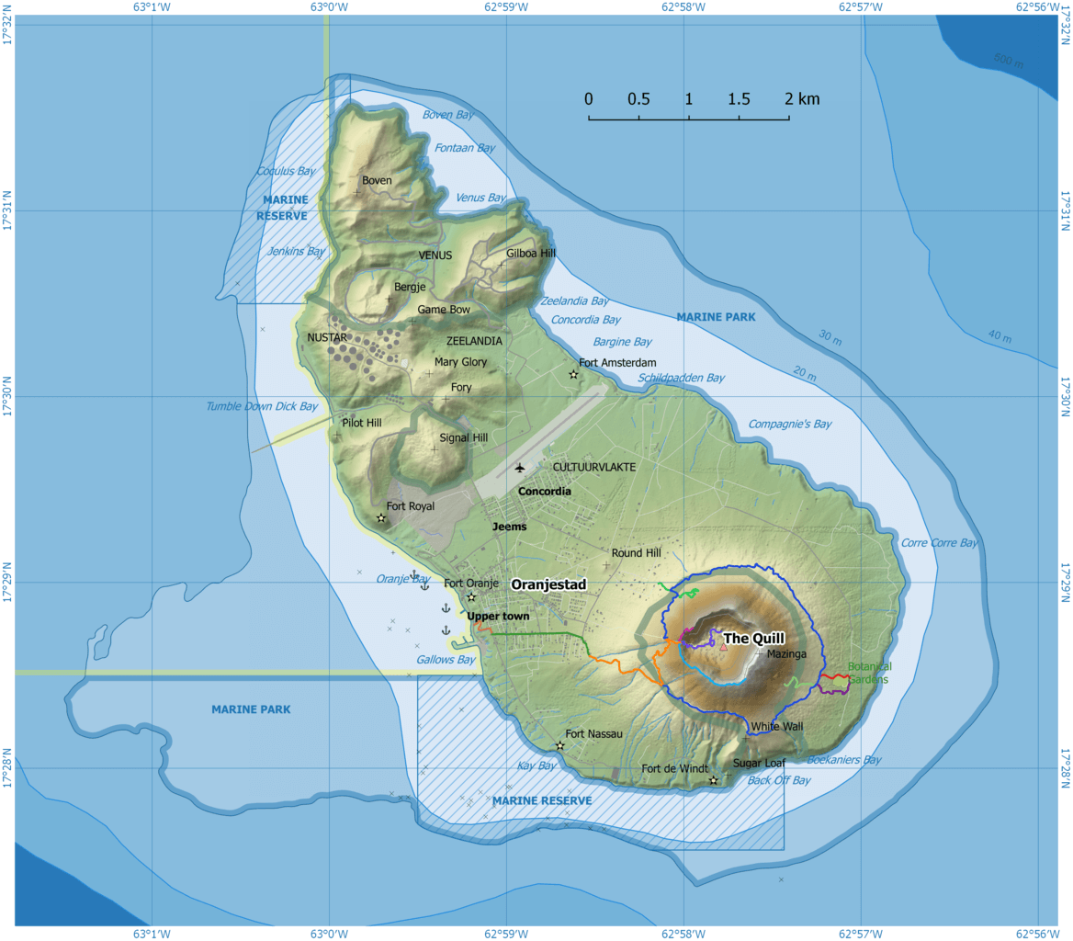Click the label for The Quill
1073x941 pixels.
coord(753,639)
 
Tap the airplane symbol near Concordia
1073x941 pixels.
coord(519,468)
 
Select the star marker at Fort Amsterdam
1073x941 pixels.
coord(573,374)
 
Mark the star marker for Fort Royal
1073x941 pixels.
coord(381,518)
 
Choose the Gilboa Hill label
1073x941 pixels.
coord(531,254)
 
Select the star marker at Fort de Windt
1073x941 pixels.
coord(713,780)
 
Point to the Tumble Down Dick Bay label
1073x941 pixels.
coord(262,405)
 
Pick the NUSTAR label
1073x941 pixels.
coord(327,338)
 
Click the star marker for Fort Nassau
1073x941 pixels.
coord(559,745)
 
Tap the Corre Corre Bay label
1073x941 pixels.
coord(939,542)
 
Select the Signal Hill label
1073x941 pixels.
coord(463,437)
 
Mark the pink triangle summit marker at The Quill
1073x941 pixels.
coord(723,647)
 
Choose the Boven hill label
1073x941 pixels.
coord(377,180)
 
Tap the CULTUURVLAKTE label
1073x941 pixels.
coord(593,467)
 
